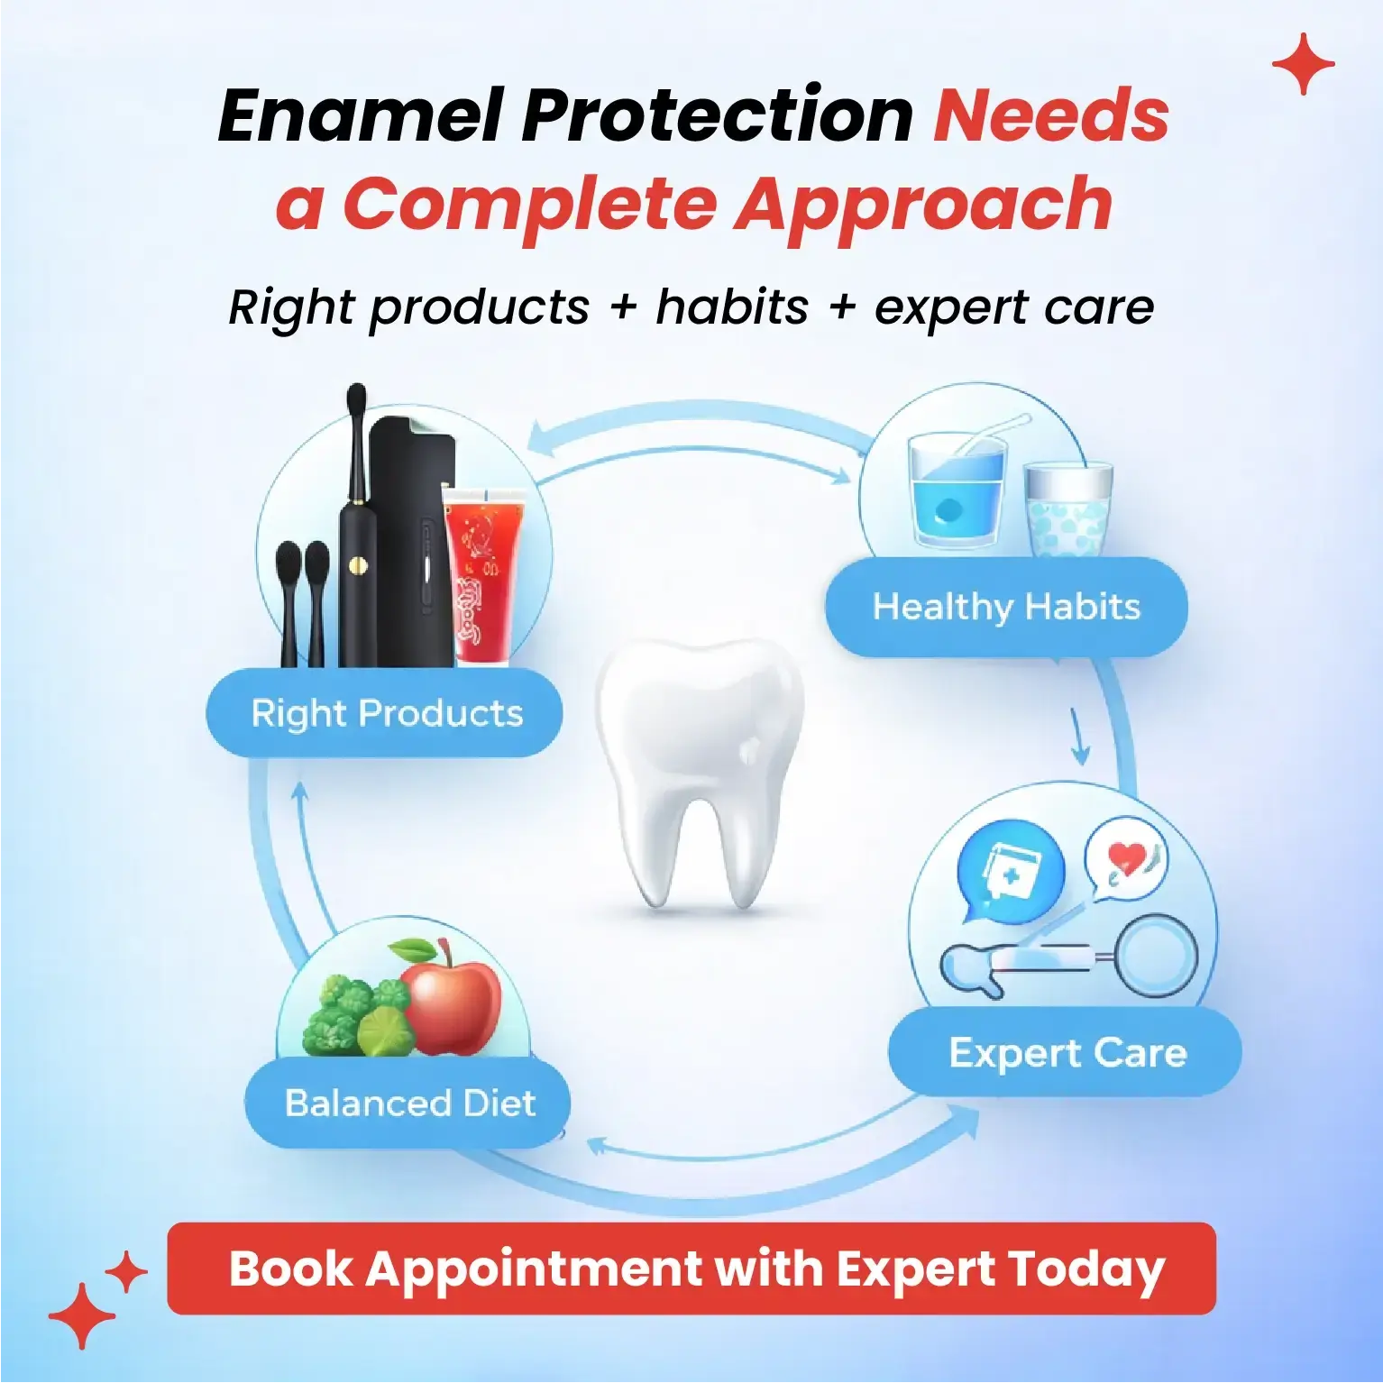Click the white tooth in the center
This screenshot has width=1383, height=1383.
(x=699, y=766)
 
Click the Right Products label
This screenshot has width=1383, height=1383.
(x=385, y=713)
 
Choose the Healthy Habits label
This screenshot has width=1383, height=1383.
(x=1006, y=607)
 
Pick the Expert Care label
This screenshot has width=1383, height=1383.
(x=1066, y=1052)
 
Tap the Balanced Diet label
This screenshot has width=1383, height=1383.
(x=408, y=1103)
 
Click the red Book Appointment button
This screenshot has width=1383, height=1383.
(x=691, y=1269)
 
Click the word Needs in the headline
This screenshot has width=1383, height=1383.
(x=1050, y=115)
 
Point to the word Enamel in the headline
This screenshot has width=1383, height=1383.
(x=362, y=115)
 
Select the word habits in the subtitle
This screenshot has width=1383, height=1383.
(x=732, y=307)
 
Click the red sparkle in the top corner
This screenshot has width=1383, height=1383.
(x=1303, y=64)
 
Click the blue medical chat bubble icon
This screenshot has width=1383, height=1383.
(x=1010, y=873)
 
